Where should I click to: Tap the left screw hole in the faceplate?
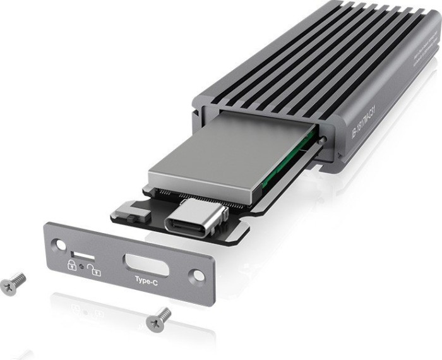(58, 243)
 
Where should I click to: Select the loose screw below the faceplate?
(158, 319)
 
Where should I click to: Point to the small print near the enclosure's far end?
(428, 57)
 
